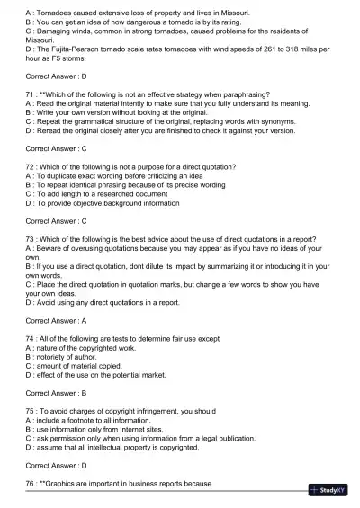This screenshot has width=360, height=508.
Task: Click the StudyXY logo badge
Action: pos(332,490)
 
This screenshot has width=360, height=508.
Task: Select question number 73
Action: pos(31,238)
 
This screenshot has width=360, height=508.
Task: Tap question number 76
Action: pos(31,484)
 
